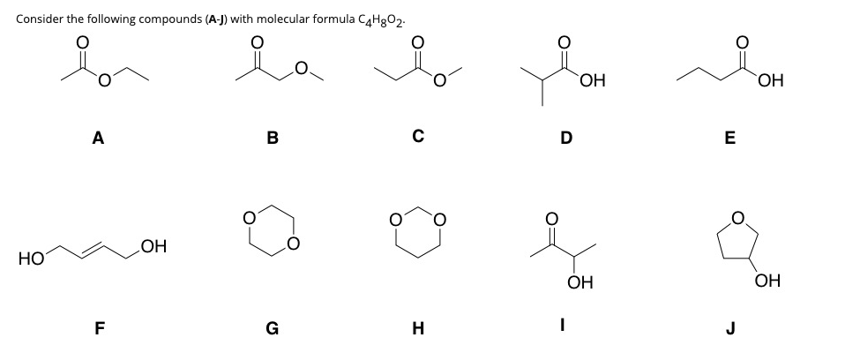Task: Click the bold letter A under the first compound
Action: coord(97,137)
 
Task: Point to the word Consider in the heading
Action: coord(39,19)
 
